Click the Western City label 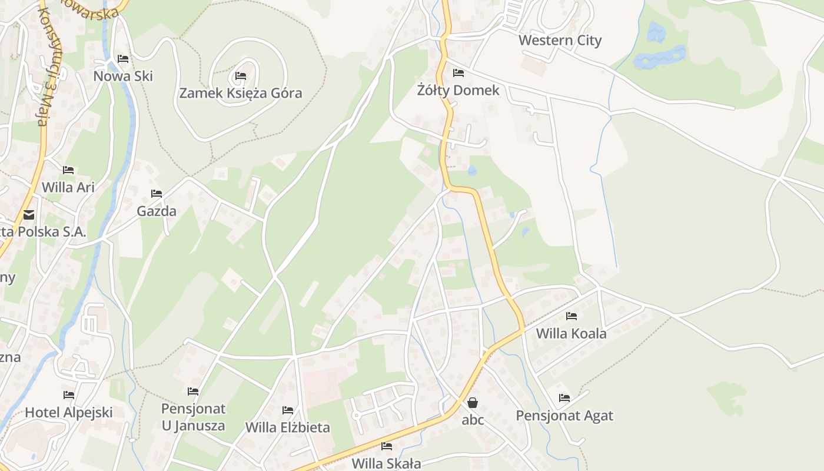coord(560,41)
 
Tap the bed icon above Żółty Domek coord(458,73)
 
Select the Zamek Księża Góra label coord(240,93)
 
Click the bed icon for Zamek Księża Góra coord(240,75)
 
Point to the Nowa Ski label coord(123,76)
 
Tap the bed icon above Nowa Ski coord(123,59)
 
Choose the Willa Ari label coord(68,187)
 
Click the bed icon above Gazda coord(157,193)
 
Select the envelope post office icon coord(29,215)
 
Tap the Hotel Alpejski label coord(68,412)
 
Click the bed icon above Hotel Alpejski coord(69,395)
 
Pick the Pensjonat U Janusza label coord(193,417)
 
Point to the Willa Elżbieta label coord(287,427)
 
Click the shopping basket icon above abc coord(473,403)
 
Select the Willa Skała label coord(386,463)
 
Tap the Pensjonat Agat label coord(564,416)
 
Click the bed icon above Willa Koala coord(571,316)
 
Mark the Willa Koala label coord(571,334)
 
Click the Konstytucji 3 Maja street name coord(42,65)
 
